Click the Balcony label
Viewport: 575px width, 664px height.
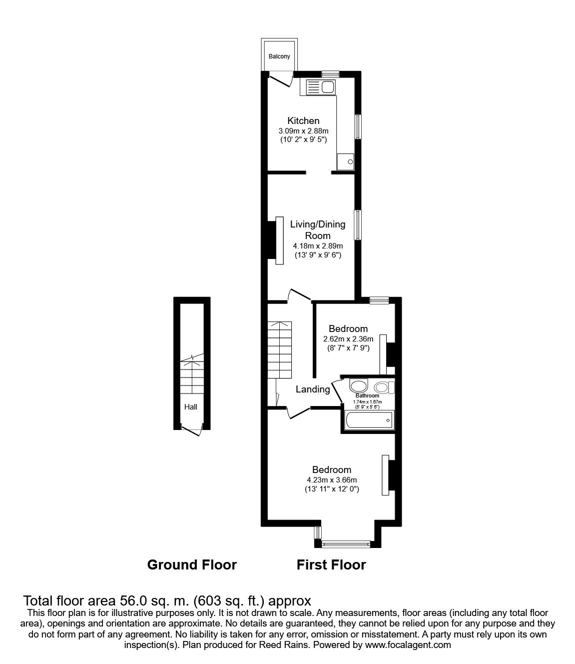pos(279,56)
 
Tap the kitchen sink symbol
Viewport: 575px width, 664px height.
pos(320,88)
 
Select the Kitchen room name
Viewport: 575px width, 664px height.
pos(303,120)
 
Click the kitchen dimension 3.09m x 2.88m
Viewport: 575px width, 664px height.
pos(303,131)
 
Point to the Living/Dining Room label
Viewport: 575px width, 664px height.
pos(318,230)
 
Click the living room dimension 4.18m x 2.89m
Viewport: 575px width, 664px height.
pos(318,246)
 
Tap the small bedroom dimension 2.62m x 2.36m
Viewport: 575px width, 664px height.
pos(348,338)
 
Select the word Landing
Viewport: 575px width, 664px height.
pos(313,389)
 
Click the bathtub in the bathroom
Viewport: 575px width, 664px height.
pos(368,420)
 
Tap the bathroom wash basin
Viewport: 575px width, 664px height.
pos(358,385)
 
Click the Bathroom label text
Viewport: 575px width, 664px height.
pos(367,396)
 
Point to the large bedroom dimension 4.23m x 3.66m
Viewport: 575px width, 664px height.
pos(332,480)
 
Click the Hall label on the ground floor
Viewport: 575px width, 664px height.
pos(191,407)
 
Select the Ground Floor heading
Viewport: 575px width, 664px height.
pos(192,565)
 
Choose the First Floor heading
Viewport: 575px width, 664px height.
pos(331,565)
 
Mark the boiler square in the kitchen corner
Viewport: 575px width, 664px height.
pos(346,161)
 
